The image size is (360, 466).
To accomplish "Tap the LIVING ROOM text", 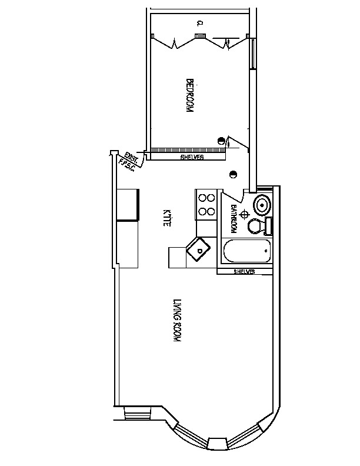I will tap(176, 322).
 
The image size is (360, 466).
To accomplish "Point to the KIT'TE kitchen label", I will tap(167, 218).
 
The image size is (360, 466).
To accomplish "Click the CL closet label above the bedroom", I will tap(199, 24).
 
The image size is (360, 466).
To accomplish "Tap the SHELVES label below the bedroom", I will tap(192, 158).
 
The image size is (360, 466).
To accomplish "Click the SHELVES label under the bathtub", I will tap(244, 271).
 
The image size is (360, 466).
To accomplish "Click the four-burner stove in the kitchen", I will tap(206, 205).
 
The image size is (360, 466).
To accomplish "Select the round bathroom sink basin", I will tap(262, 205).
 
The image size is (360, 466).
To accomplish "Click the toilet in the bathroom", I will tap(258, 226).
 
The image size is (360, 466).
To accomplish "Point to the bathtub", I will tap(248, 252).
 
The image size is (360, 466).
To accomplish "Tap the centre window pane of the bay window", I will tap(217, 442).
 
